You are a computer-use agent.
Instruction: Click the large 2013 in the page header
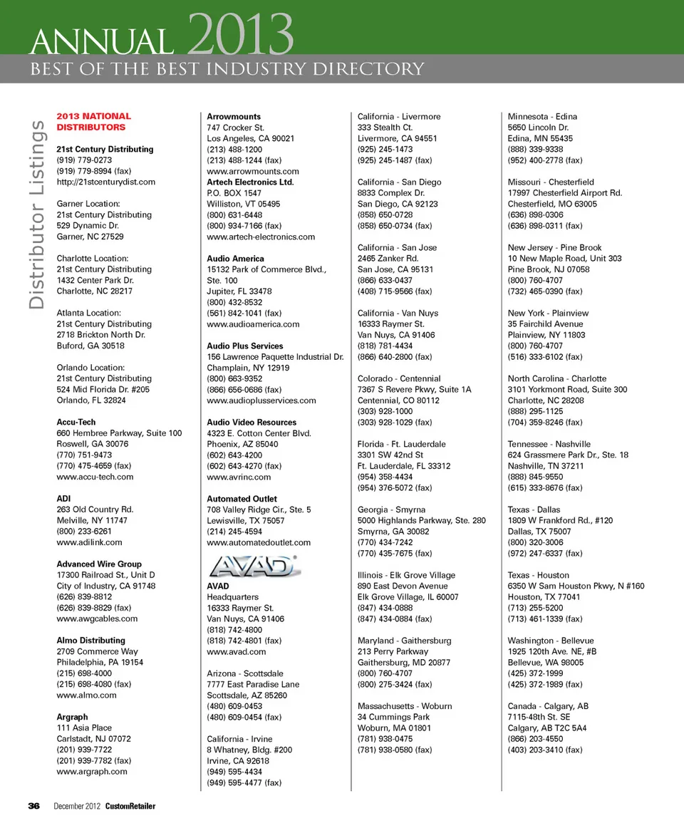[242, 36]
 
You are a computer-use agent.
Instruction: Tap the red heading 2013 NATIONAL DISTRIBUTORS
[93, 121]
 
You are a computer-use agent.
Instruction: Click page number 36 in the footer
[33, 805]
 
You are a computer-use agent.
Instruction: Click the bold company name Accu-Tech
[76, 422]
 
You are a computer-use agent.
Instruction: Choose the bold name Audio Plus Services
[244, 346]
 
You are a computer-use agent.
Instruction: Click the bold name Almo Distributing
[90, 640]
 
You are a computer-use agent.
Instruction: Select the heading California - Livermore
[398, 116]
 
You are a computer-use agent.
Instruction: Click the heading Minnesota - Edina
[541, 116]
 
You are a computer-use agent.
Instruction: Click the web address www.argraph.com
[91, 771]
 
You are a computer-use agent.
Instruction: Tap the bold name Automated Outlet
[242, 499]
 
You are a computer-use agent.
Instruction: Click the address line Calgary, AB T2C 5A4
[546, 728]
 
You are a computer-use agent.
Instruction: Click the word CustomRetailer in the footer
[130, 806]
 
